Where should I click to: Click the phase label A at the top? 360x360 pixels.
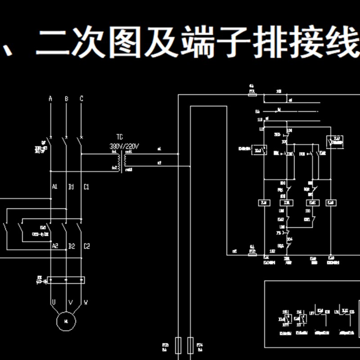pos(50,99)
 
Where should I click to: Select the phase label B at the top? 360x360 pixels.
pos(66,99)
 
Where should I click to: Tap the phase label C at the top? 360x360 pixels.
pos(81,99)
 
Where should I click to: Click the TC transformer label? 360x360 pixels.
pos(120,137)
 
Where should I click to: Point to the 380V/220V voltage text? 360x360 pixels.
pos(125,146)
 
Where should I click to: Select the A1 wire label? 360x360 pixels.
pos(54,186)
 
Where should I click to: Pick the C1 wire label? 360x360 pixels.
pos(86,186)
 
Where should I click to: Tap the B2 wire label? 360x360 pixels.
pos(71,246)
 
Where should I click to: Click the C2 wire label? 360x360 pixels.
pos(87,246)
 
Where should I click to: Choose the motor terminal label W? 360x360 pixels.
pos(85,302)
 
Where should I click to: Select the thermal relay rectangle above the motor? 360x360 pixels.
pos(66,280)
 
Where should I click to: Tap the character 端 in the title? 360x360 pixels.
pos(199,44)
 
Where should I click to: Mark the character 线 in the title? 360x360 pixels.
pos(343,44)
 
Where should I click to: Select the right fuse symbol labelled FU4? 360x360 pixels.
pos(191,346)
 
